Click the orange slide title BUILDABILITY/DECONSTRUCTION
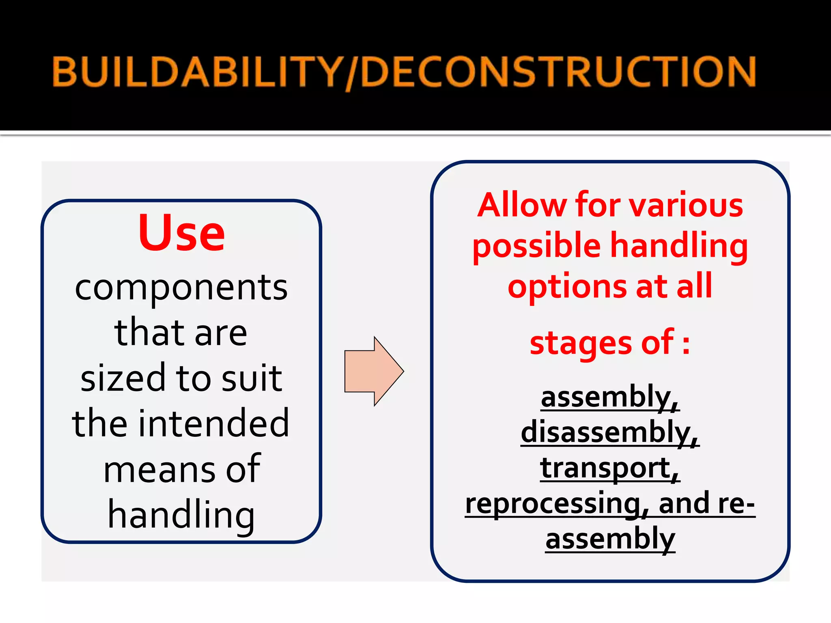pos(404,72)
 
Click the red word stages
pos(581,343)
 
